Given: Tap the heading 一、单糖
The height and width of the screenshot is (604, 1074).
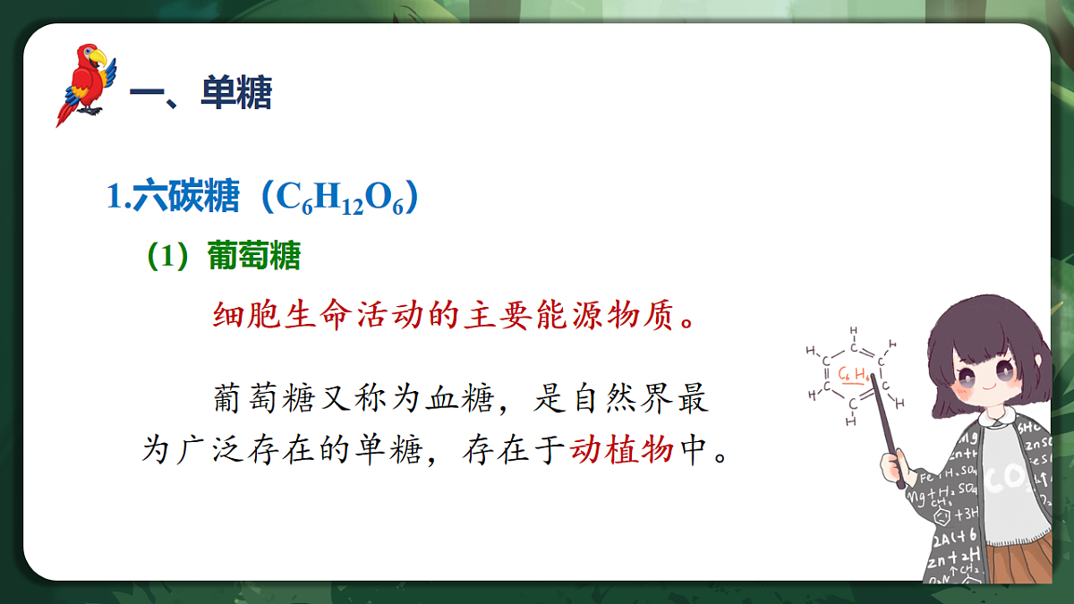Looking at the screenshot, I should tap(200, 92).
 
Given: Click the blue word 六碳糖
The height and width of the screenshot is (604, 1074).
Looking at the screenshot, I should tap(186, 197).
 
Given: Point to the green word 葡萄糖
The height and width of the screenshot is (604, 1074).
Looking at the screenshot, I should tap(254, 257).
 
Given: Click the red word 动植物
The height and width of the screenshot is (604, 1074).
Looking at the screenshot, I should tap(621, 450).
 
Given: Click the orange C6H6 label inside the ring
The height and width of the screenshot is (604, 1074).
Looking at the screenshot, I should tap(853, 374).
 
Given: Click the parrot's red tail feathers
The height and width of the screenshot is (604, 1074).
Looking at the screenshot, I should tap(68, 111).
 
